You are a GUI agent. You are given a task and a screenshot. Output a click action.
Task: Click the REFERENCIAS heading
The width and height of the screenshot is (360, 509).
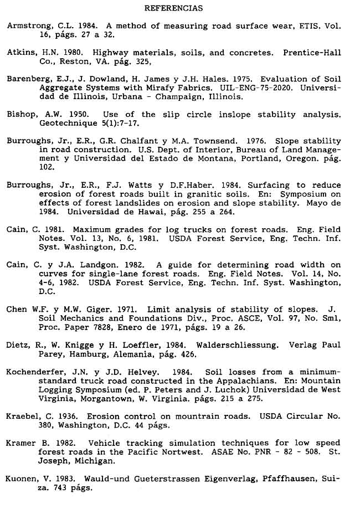point(173,8)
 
